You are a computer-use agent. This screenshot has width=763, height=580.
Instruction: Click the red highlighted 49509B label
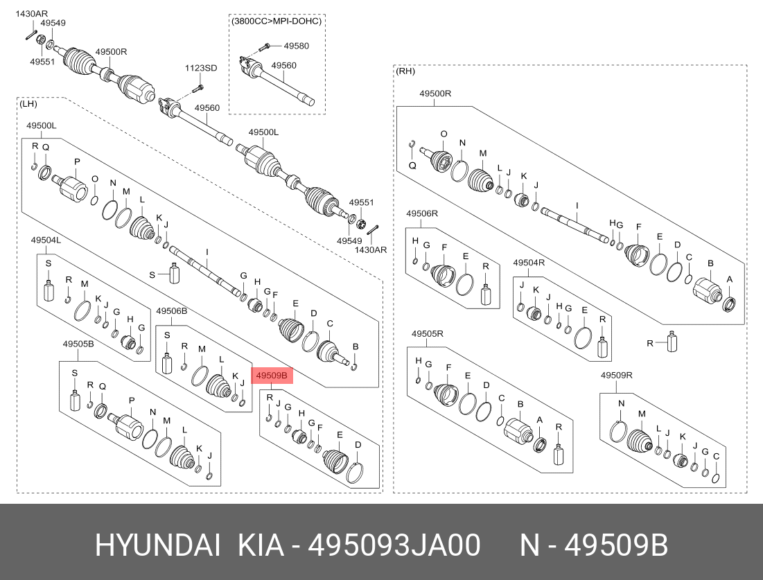pos(272,376)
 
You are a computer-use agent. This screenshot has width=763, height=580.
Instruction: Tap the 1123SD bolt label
pos(200,68)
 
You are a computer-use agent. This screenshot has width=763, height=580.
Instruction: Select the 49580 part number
pos(297,46)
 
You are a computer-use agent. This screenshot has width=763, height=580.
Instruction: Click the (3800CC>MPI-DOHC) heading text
pos(277,21)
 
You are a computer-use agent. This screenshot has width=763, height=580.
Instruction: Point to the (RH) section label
pos(405,71)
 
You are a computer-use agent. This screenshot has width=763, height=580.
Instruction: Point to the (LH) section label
pos(28,104)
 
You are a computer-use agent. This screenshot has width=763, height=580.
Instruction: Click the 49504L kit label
pos(46,240)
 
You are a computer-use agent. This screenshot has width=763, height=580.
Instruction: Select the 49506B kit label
pos(171,311)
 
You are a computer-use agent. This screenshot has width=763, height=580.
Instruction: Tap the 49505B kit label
pos(78,344)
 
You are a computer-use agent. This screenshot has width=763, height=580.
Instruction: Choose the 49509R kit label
pos(617,375)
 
